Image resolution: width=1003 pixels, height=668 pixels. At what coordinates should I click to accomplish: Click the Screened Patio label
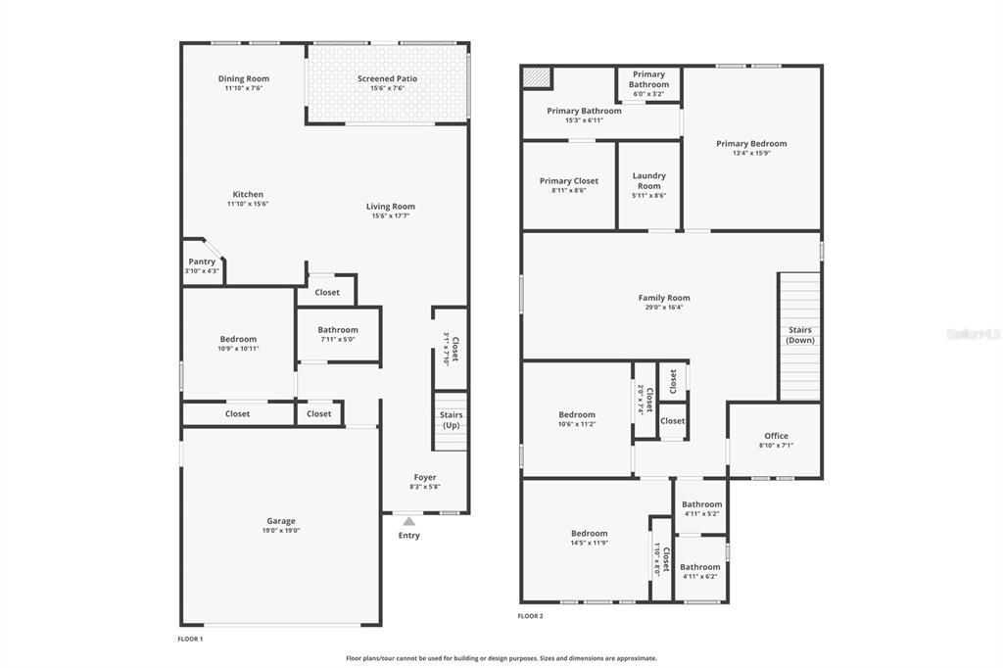(x=388, y=78)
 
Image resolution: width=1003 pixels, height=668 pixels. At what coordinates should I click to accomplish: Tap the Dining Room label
(x=243, y=78)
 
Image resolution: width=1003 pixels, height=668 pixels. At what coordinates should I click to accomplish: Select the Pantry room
(x=202, y=265)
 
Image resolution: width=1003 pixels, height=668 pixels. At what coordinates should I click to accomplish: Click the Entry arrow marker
(x=408, y=521)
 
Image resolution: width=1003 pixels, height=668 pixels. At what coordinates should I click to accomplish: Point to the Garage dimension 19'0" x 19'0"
(x=280, y=531)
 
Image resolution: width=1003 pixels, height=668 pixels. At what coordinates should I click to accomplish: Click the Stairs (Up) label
(x=451, y=420)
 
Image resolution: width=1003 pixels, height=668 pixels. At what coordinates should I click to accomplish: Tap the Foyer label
(x=425, y=477)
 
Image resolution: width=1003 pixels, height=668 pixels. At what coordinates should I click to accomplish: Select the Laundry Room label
(x=648, y=181)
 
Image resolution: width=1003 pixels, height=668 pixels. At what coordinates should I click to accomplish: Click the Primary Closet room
(x=568, y=185)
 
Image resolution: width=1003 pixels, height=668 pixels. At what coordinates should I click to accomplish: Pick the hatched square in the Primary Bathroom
(x=537, y=77)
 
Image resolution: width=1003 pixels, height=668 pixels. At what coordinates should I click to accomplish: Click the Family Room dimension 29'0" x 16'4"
(x=664, y=308)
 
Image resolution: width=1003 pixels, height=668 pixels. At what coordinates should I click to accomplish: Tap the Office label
(x=776, y=436)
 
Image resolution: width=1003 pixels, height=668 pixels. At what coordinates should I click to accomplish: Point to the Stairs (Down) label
(x=799, y=335)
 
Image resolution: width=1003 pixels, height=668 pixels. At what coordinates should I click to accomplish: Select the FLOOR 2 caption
(x=530, y=616)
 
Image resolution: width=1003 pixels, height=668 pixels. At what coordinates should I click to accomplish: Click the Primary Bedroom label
(x=751, y=143)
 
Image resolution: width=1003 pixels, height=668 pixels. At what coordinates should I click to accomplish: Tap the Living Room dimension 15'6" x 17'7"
(x=390, y=216)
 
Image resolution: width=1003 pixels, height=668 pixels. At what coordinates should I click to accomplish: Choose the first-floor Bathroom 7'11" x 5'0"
(x=338, y=334)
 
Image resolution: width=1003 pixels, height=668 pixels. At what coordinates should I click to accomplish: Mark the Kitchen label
(x=248, y=194)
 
